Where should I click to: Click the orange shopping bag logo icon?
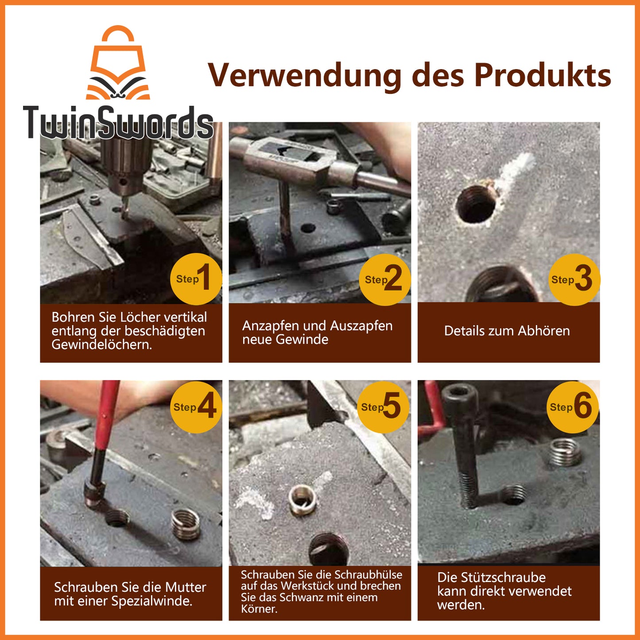[118, 62]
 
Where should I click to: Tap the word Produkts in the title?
[543, 75]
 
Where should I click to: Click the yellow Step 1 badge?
[196, 279]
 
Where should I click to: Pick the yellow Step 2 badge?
[385, 279]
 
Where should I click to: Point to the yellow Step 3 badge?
[574, 279]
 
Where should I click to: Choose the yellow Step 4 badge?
[196, 407]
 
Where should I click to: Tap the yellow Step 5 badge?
[385, 407]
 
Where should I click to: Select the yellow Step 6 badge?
[573, 407]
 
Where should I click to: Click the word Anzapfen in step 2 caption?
[271, 326]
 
